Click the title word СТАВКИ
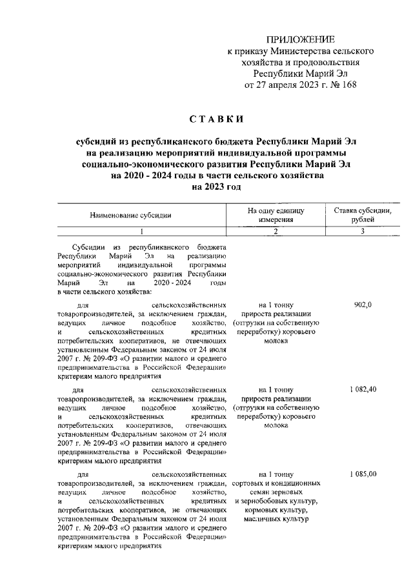(216, 119)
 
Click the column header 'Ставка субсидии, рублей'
(363, 216)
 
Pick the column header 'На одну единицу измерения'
(275, 216)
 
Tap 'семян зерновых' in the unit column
(275, 493)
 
